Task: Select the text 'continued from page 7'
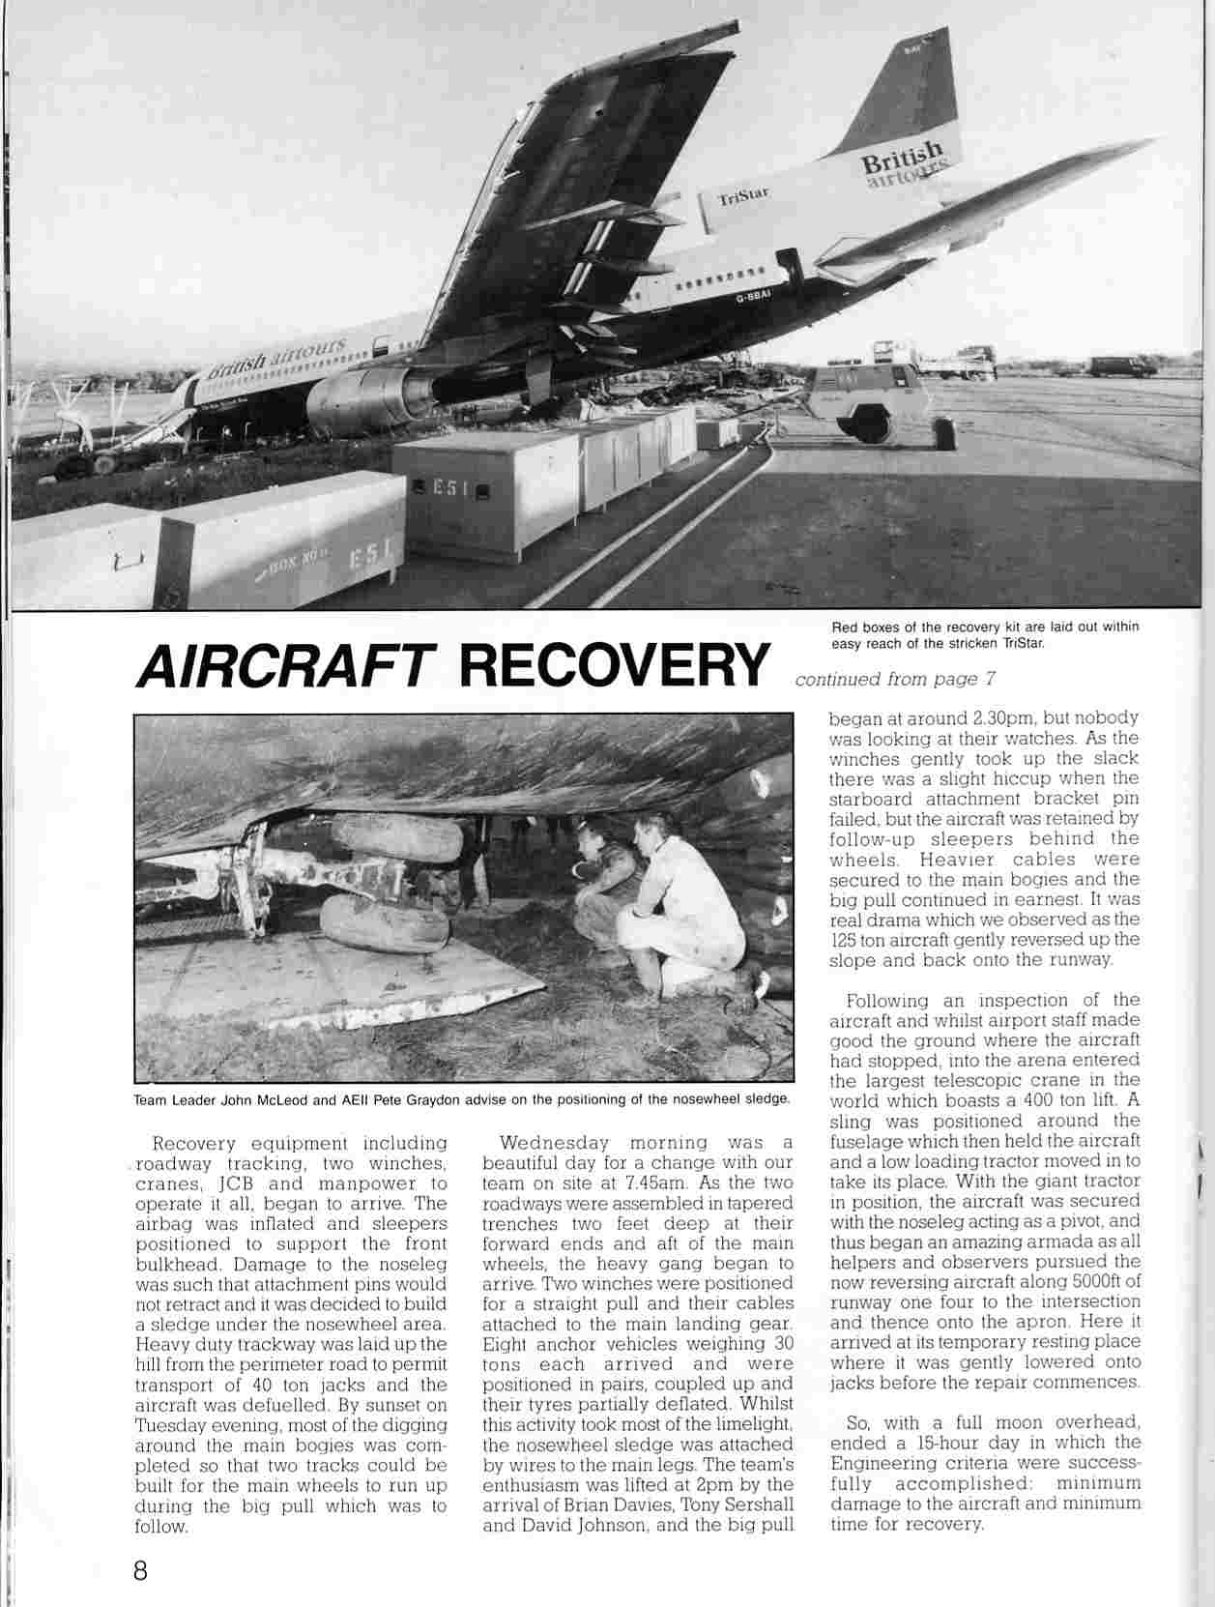click(x=895, y=679)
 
